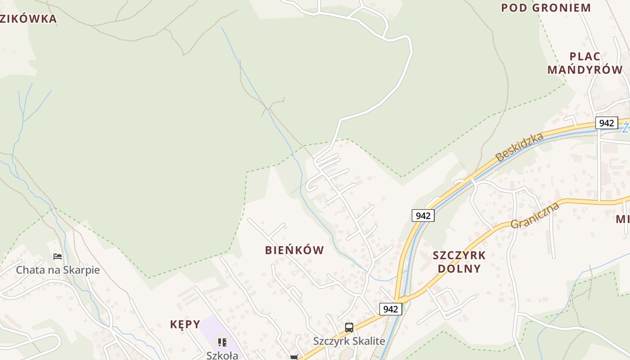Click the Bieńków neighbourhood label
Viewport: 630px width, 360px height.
click(x=294, y=250)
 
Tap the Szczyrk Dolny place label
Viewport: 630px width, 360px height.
click(x=459, y=262)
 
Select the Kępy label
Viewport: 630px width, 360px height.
click(x=185, y=324)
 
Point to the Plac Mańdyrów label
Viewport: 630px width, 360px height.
click(x=585, y=63)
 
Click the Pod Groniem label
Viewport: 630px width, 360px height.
click(x=546, y=8)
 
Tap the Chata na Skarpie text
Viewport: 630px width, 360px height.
click(x=58, y=270)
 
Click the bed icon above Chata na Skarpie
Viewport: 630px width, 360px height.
click(x=58, y=256)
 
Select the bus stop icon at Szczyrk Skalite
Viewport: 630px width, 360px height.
click(x=349, y=328)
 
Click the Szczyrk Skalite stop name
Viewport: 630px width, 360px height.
click(x=349, y=341)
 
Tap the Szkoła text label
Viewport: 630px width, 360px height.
click(x=222, y=355)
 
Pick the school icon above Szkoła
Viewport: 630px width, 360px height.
click(x=222, y=342)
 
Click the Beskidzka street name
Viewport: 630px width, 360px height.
click(x=519, y=147)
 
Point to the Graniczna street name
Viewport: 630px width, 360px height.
click(x=535, y=215)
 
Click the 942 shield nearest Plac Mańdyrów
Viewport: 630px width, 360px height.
click(x=606, y=123)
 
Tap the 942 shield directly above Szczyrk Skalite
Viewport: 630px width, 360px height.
click(x=390, y=309)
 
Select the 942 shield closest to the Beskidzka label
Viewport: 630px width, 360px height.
click(x=423, y=216)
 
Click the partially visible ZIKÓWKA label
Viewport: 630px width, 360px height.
click(x=28, y=19)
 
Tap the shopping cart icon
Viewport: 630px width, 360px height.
click(x=294, y=357)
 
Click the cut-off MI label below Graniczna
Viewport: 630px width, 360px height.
click(x=623, y=219)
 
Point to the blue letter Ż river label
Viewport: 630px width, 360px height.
click(x=625, y=128)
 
